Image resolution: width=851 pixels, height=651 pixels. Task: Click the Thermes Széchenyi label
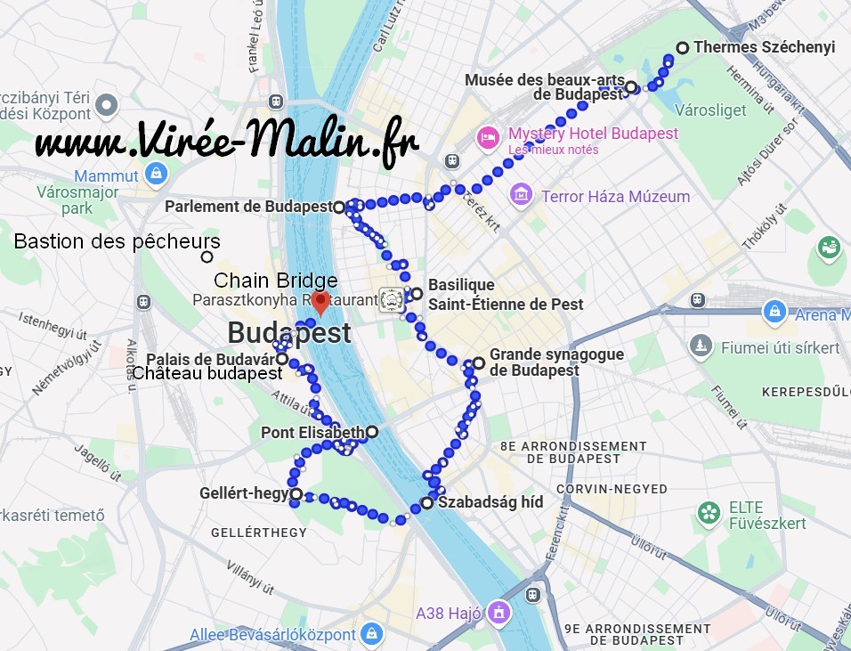click(764, 47)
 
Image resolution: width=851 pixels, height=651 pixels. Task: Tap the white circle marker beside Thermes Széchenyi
click(683, 48)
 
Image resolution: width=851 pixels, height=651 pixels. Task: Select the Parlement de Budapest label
click(248, 207)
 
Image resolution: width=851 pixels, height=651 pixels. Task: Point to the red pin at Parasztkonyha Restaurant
click(322, 300)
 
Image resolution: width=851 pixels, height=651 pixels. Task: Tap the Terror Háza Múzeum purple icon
click(522, 195)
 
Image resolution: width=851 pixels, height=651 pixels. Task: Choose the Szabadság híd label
click(490, 502)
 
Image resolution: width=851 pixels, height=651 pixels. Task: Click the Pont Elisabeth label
click(312, 433)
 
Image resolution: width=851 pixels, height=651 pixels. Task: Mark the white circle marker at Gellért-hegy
click(296, 494)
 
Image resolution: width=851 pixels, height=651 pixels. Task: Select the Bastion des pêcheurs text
click(117, 241)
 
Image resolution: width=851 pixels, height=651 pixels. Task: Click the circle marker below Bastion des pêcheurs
click(207, 257)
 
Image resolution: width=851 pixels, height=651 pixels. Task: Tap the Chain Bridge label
click(275, 281)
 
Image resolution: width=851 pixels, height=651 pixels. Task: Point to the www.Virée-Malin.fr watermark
click(227, 141)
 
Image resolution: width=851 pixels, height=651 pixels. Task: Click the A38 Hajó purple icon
click(500, 613)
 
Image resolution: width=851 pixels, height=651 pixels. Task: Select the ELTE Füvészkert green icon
click(709, 512)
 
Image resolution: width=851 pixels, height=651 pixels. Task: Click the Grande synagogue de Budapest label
click(556, 362)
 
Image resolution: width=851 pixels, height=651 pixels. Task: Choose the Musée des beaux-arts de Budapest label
click(544, 86)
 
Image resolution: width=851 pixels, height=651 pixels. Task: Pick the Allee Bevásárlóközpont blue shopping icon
click(372, 635)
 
